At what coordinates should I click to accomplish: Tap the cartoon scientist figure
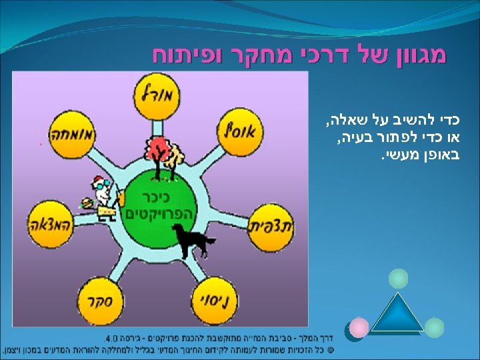105,196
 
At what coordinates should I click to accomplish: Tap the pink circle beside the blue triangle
359,327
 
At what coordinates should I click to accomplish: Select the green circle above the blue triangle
398,278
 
